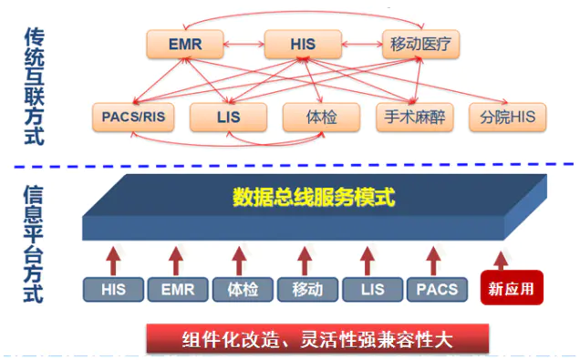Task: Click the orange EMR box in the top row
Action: coord(184,43)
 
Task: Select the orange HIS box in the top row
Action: coord(302,43)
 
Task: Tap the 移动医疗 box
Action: coord(420,43)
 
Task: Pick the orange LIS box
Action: coord(227,117)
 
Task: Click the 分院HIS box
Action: coord(507,117)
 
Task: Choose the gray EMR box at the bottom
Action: coord(177,290)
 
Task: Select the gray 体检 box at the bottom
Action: coord(242,290)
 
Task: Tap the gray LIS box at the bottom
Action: coord(372,290)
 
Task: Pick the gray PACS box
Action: coord(436,290)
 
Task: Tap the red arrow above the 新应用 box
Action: coord(500,258)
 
